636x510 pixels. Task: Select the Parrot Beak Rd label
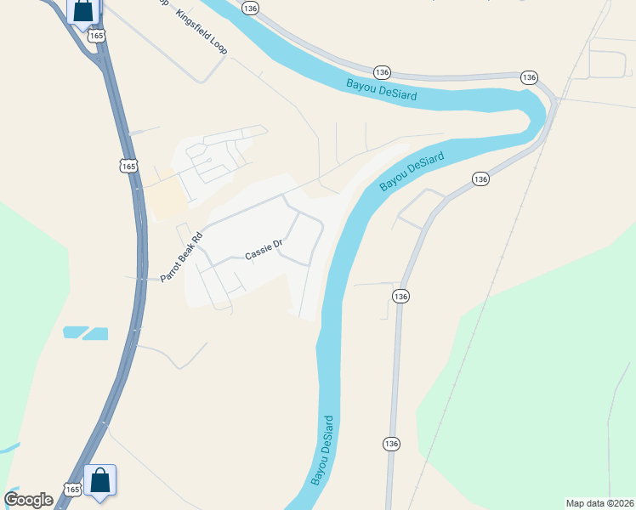click(x=182, y=257)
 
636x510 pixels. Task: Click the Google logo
click(x=28, y=500)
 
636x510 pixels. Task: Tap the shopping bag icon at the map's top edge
click(x=83, y=12)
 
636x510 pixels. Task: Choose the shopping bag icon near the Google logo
click(x=100, y=480)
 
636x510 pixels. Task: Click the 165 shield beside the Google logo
click(x=71, y=490)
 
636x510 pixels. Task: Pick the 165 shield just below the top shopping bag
click(x=97, y=36)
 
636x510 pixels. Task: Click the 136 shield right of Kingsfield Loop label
click(x=249, y=8)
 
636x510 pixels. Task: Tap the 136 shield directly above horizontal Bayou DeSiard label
click(x=382, y=72)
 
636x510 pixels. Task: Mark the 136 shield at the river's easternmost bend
click(x=530, y=77)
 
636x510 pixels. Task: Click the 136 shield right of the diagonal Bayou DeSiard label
click(x=480, y=178)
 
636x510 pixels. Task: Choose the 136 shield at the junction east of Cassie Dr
click(x=401, y=296)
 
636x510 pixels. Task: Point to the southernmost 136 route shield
click(x=390, y=444)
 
